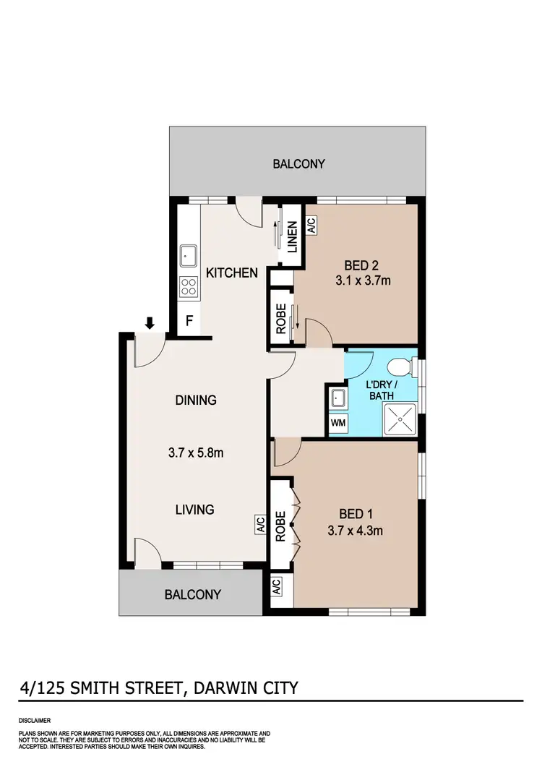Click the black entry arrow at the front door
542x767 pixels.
click(x=150, y=323)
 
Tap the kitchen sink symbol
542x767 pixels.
click(x=189, y=255)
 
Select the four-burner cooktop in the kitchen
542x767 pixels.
click(x=189, y=286)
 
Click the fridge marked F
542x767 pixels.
click(x=189, y=320)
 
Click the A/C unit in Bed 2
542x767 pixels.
click(x=311, y=226)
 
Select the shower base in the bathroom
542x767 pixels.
click(x=399, y=419)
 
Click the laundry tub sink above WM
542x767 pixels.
click(x=337, y=398)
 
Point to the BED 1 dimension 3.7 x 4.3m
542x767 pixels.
click(x=356, y=530)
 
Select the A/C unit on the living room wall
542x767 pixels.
click(x=260, y=524)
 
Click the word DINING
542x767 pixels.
click(x=195, y=400)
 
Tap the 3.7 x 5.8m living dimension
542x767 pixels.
click(x=195, y=455)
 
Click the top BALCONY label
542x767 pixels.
click(x=298, y=164)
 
